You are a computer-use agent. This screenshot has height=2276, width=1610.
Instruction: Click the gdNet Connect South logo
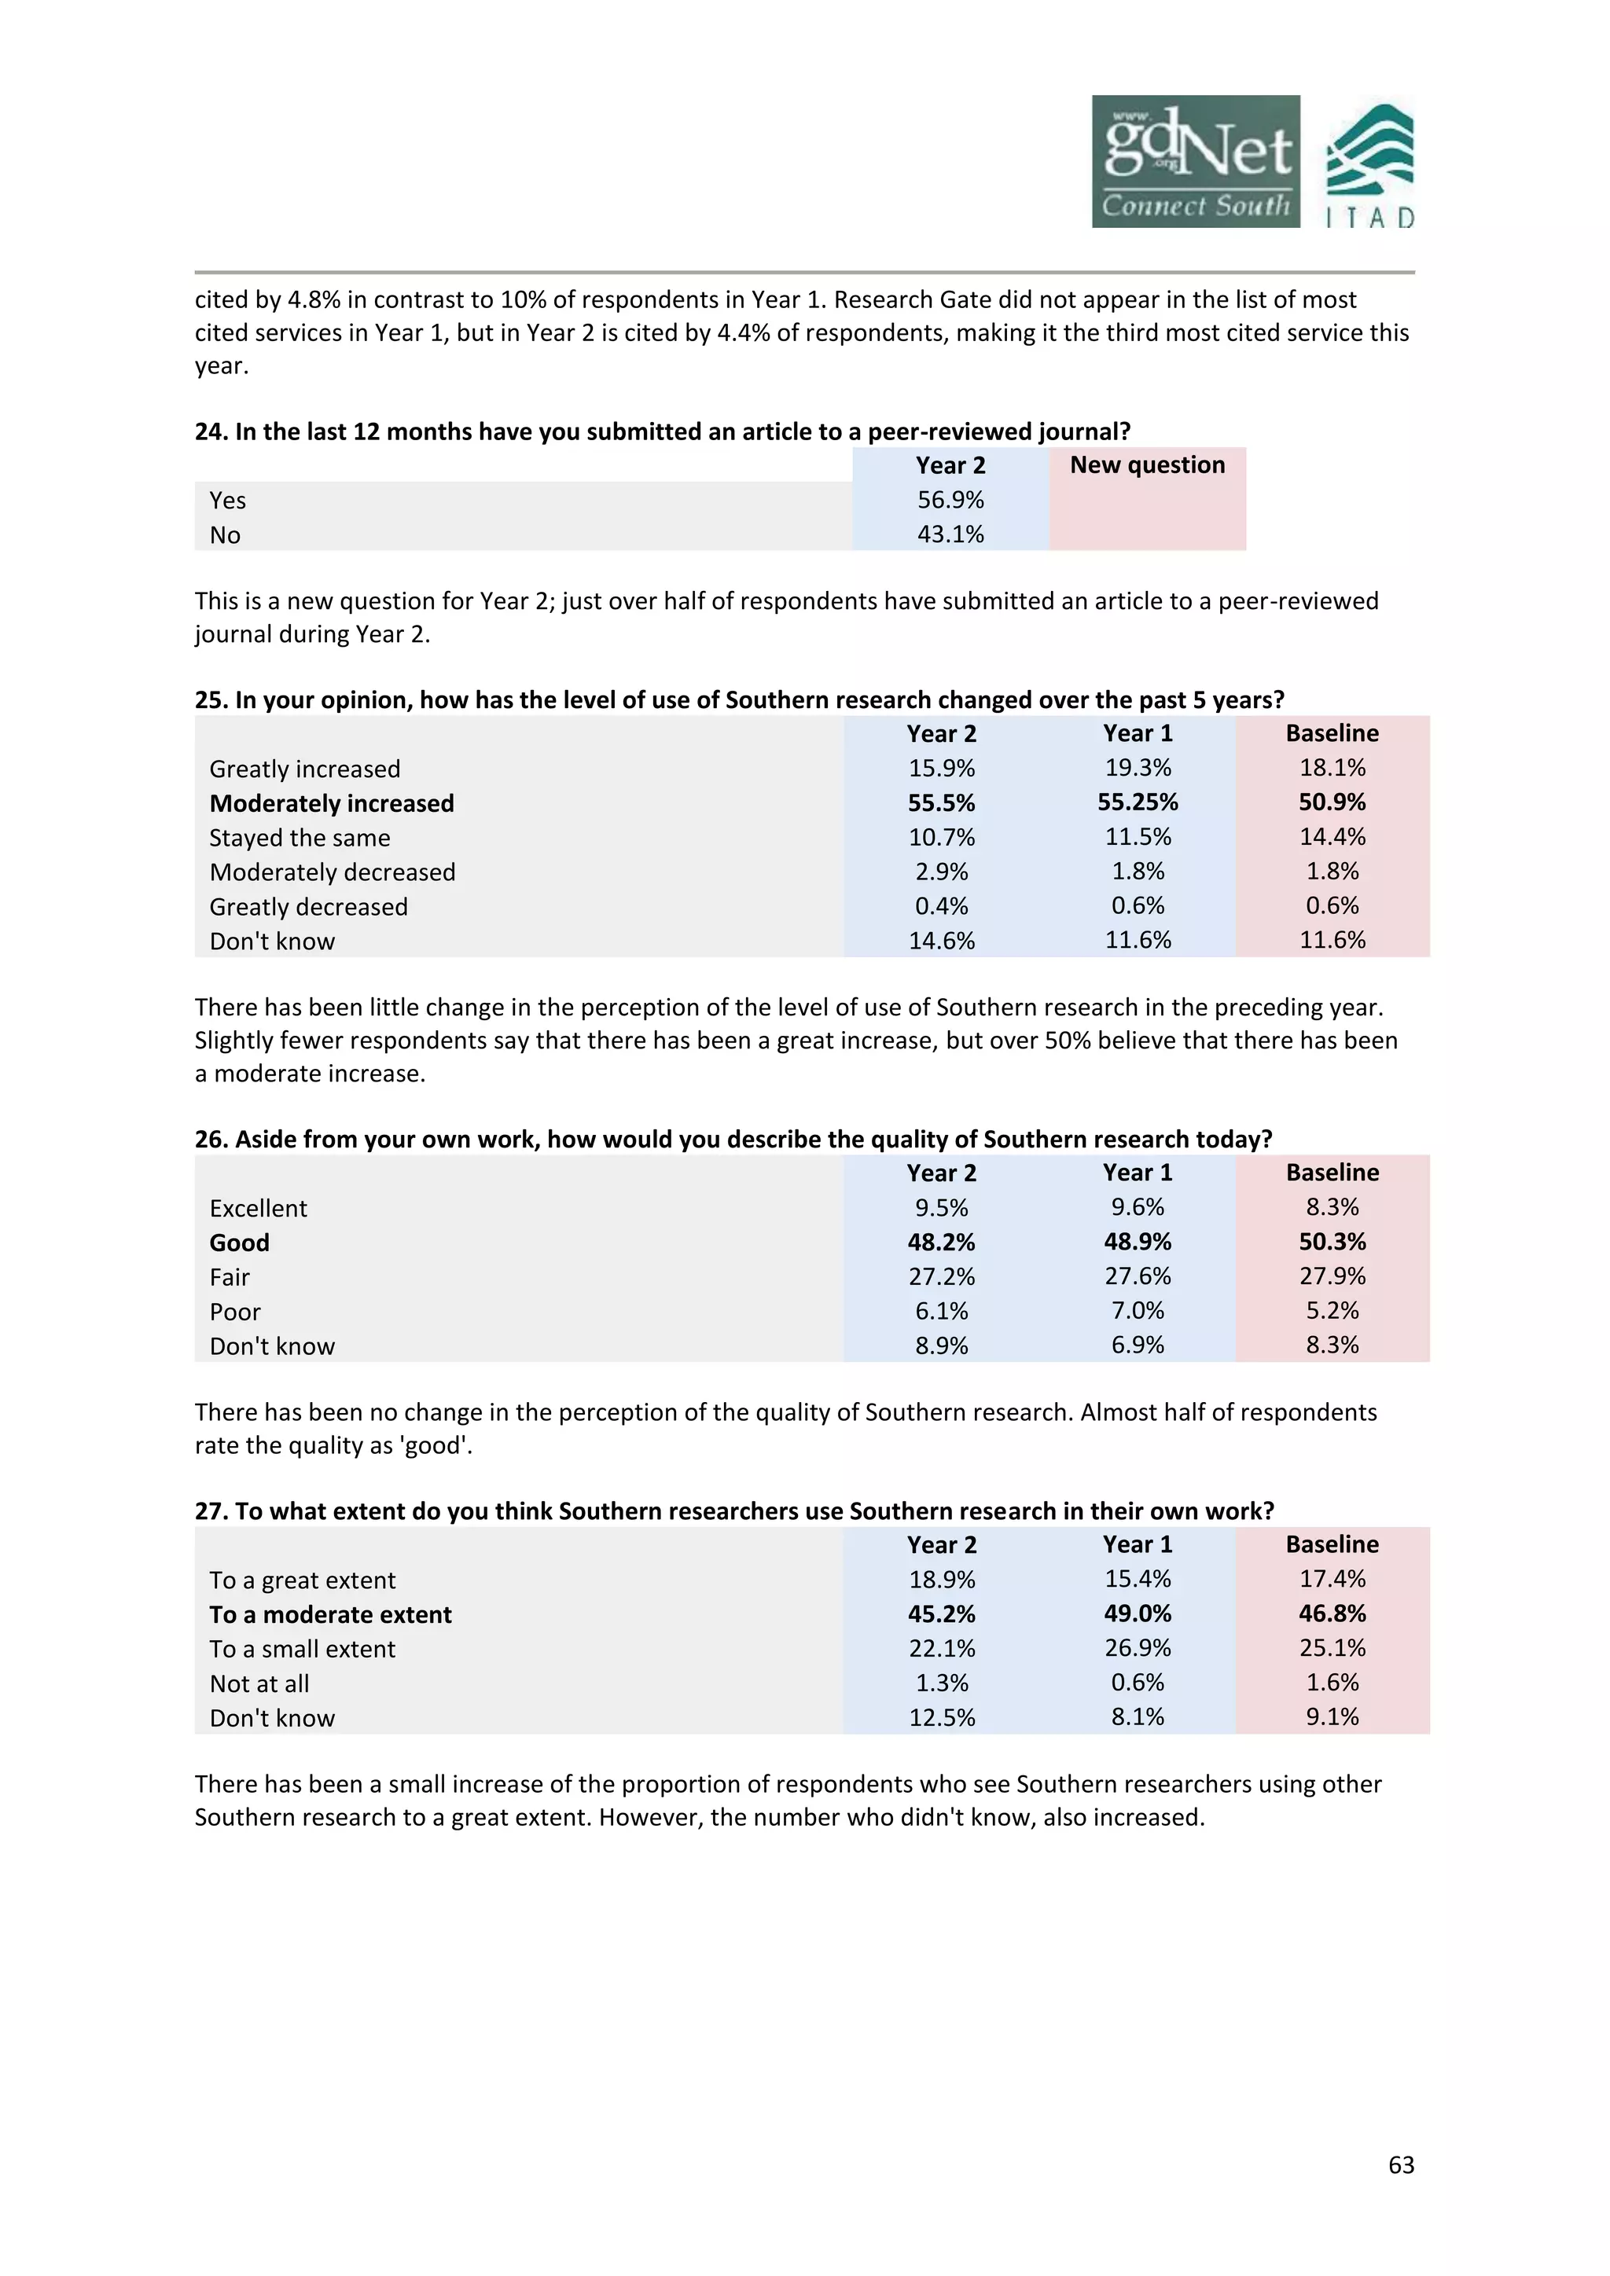point(1196,162)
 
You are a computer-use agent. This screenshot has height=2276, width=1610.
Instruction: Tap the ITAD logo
point(1370,166)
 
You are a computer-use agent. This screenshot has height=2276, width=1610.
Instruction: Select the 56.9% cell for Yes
point(950,501)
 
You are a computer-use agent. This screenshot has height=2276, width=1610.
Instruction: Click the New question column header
point(1147,465)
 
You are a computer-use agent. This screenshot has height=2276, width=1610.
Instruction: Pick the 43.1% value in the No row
point(950,535)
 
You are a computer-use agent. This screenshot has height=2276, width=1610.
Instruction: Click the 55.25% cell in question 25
point(1137,803)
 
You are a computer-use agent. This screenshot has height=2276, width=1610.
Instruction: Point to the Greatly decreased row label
point(308,907)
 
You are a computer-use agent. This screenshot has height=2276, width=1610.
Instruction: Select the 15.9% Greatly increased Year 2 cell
point(941,769)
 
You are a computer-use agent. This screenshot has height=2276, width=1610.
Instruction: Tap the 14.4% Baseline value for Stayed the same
point(1332,838)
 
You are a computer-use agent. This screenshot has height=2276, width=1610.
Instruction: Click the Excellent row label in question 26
point(258,1209)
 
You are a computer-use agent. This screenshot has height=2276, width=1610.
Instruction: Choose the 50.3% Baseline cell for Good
point(1332,1242)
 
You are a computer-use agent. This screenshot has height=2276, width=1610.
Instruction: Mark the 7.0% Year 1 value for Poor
point(1137,1312)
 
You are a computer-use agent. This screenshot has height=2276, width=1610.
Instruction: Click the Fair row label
point(229,1278)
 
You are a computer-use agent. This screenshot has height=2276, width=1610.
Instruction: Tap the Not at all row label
point(259,1683)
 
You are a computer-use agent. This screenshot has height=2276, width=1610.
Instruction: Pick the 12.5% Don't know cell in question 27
point(941,1718)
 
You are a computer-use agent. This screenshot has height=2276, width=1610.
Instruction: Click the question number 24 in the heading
point(209,432)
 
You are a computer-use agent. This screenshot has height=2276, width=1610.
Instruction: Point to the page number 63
point(1400,2165)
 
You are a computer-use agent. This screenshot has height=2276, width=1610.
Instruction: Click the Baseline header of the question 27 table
point(1332,1544)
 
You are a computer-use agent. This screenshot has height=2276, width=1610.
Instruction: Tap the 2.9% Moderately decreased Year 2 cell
point(941,872)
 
